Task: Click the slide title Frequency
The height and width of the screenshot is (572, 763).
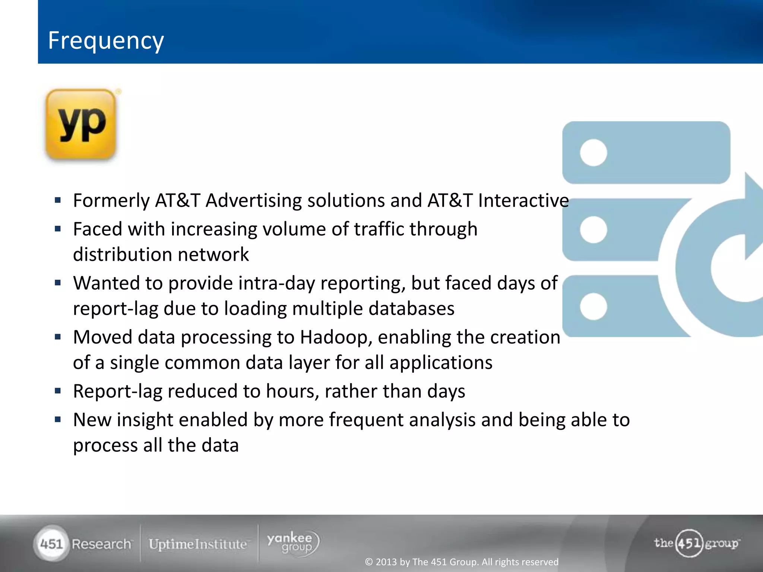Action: tap(106, 41)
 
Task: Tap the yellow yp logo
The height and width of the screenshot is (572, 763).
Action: tap(81, 124)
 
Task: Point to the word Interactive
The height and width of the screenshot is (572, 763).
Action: tap(523, 201)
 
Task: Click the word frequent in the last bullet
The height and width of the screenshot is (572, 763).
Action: tap(366, 420)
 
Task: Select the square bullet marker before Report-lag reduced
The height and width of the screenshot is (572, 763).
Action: tap(58, 391)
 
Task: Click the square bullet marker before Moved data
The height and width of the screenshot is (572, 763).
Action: tap(58, 337)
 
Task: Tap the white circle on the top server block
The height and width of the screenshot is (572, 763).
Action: tap(593, 153)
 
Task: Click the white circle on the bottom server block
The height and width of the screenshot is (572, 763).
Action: tap(593, 306)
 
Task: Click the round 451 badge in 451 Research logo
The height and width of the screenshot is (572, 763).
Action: tap(51, 544)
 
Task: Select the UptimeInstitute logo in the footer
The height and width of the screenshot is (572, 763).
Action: tap(198, 544)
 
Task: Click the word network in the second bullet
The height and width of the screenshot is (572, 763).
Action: tap(213, 255)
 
